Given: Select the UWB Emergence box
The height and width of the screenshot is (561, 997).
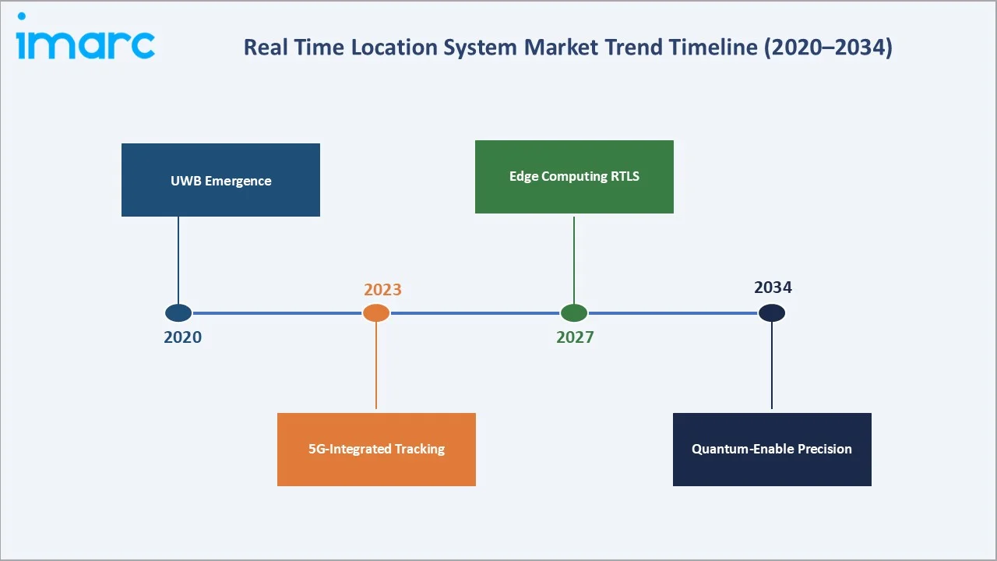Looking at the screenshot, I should [220, 180].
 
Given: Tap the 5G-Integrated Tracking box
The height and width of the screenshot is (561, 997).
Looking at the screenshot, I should [376, 449].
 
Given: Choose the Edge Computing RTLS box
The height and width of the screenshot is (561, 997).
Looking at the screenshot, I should [574, 176].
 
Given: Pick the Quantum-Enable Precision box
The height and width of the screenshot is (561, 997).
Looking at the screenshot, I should [772, 449].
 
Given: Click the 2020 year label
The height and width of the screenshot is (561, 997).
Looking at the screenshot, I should [182, 337].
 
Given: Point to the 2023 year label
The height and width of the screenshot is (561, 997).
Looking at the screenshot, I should [382, 290].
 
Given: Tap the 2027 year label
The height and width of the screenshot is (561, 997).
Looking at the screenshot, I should [575, 337].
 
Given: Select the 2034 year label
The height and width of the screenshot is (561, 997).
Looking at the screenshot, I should [773, 288].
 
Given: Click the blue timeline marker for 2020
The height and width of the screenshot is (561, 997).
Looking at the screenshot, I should [178, 313].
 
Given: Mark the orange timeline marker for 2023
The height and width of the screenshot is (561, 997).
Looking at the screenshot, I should [376, 313].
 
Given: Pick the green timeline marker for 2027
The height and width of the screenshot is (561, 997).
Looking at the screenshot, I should [574, 313].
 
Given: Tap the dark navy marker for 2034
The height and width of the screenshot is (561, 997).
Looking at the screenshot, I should [772, 313].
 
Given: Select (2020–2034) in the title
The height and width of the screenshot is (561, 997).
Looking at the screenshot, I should [828, 48].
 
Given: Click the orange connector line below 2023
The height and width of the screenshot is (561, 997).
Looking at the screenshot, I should [376, 366].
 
